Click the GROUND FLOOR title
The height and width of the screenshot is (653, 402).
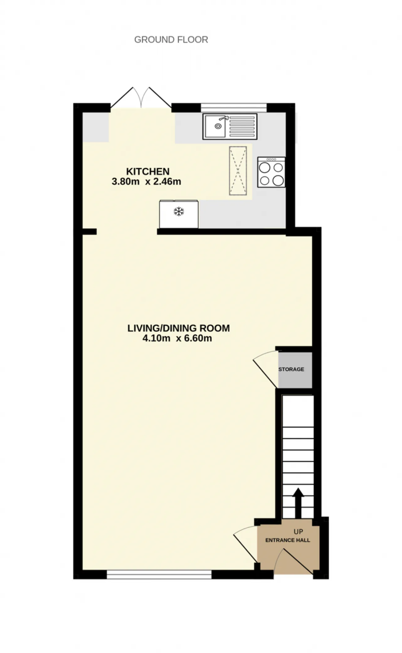(x=171, y=40)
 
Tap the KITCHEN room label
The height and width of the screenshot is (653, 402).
(x=148, y=171)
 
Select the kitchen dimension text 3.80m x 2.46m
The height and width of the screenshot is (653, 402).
(x=146, y=182)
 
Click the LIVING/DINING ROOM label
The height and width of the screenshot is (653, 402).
(x=178, y=328)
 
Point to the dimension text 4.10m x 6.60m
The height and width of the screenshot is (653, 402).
(x=177, y=338)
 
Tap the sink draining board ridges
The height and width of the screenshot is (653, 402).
(x=242, y=126)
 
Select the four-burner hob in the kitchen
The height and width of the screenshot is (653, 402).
(x=271, y=172)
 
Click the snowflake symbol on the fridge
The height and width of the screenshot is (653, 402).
(x=179, y=211)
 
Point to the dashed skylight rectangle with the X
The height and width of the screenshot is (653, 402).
(x=238, y=171)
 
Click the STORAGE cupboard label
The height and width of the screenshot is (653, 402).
(x=291, y=369)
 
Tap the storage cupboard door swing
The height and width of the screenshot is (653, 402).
(x=266, y=370)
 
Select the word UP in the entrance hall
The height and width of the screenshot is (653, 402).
(x=298, y=532)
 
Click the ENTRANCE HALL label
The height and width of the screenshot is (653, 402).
(x=288, y=540)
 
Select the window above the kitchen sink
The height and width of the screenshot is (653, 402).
(x=234, y=107)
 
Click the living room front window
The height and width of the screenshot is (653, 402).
(x=159, y=574)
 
